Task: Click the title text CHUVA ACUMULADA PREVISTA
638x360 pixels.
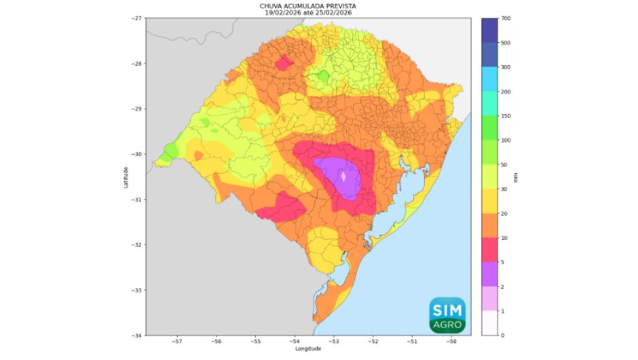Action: pos(309,5)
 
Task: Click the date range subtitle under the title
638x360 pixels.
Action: pos(309,12)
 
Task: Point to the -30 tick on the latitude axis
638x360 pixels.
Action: pos(136,154)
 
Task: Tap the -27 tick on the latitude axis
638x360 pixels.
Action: pos(136,18)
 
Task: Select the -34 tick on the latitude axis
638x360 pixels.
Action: pos(136,336)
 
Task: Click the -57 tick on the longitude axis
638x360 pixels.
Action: pos(177,342)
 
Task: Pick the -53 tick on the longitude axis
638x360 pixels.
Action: pos(335,342)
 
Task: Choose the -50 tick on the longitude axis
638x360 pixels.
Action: pos(452,342)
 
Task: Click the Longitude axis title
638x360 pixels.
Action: pos(309,348)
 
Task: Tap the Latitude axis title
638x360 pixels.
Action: pos(126,177)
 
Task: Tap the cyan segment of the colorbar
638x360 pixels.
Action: pos(491,79)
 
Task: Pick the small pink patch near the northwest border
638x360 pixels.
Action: pos(284,63)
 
